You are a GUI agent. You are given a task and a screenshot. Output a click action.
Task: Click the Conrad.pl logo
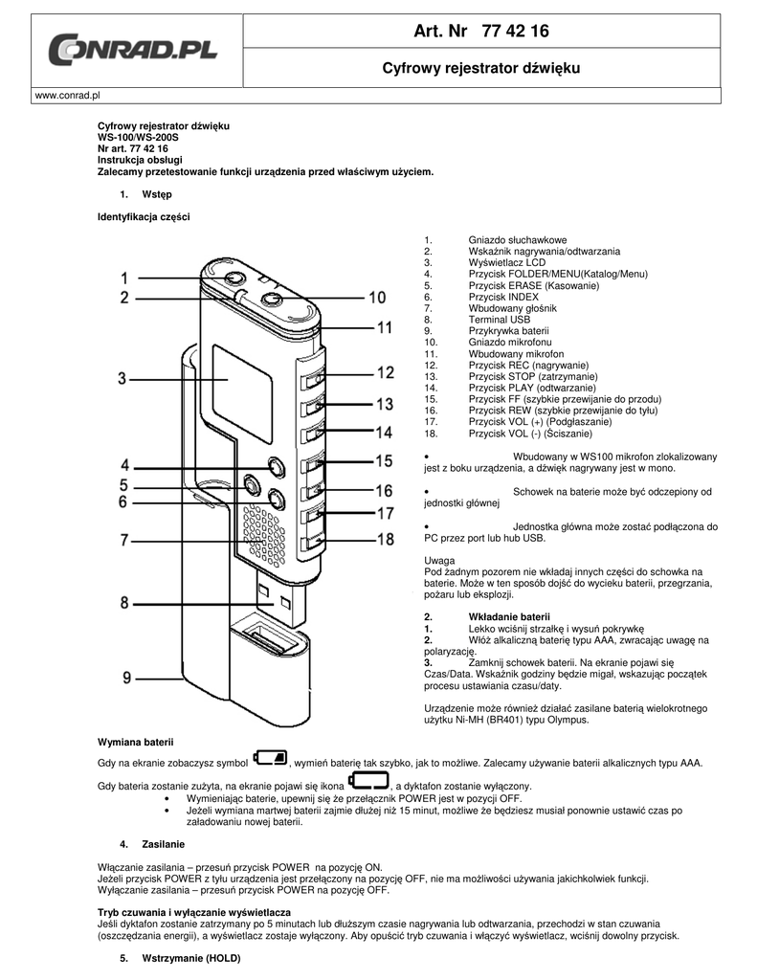click(x=132, y=51)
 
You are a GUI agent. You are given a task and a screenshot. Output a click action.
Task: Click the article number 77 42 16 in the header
click(x=516, y=32)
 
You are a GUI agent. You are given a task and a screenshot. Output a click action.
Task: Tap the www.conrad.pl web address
click(x=68, y=96)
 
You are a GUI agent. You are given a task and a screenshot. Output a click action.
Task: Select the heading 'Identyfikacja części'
click(x=144, y=217)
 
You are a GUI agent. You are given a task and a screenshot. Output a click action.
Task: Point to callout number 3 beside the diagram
click(x=122, y=378)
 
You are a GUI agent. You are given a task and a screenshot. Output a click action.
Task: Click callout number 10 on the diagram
click(x=377, y=298)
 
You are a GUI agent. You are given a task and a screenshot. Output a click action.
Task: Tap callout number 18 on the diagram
click(x=386, y=539)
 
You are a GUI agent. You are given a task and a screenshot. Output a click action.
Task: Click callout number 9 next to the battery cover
click(x=127, y=678)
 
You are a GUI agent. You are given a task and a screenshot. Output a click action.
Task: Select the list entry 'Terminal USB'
click(x=500, y=320)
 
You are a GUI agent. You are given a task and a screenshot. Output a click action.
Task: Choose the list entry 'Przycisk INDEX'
click(x=503, y=297)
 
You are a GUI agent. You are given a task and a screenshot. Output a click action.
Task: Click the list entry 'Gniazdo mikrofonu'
click(x=510, y=342)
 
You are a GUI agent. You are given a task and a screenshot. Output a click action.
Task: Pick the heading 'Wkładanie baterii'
click(x=509, y=617)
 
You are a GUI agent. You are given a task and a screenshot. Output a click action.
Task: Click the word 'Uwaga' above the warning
click(x=439, y=561)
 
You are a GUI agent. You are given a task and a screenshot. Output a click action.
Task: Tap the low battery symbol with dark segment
click(x=270, y=758)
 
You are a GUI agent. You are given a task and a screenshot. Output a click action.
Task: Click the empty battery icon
click(x=368, y=780)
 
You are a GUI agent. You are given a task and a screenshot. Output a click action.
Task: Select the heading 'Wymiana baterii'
click(x=136, y=743)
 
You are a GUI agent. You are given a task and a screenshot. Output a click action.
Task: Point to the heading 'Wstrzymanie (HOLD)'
click(x=191, y=958)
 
